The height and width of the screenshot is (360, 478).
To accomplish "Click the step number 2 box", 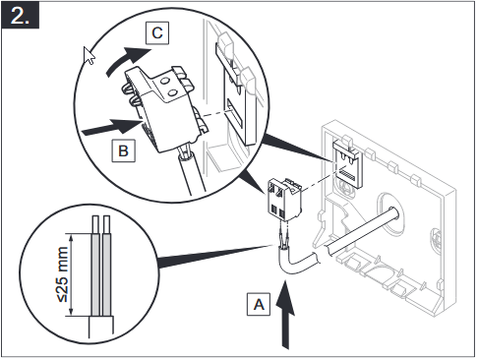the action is click(21, 15).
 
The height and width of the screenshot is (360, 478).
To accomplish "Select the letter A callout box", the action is click(259, 305).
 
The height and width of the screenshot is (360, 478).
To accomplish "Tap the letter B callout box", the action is click(123, 150).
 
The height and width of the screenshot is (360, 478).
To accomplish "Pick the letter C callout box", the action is click(157, 32).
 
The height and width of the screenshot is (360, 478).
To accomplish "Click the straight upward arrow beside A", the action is click(286, 315).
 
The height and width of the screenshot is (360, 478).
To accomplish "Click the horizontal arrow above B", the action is click(111, 127).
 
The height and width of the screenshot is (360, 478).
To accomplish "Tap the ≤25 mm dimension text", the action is click(63, 274).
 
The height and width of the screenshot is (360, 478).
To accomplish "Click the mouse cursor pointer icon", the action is click(89, 56).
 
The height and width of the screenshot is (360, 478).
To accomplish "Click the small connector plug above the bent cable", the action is click(284, 200).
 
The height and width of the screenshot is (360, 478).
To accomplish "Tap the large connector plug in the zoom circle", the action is click(165, 108).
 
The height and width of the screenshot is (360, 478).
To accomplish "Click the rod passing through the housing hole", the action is click(362, 230).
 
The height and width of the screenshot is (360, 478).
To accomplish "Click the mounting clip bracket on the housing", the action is click(348, 163).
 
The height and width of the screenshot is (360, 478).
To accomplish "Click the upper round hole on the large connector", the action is click(166, 80).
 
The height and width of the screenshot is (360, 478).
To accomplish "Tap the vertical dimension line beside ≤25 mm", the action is click(72, 274).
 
